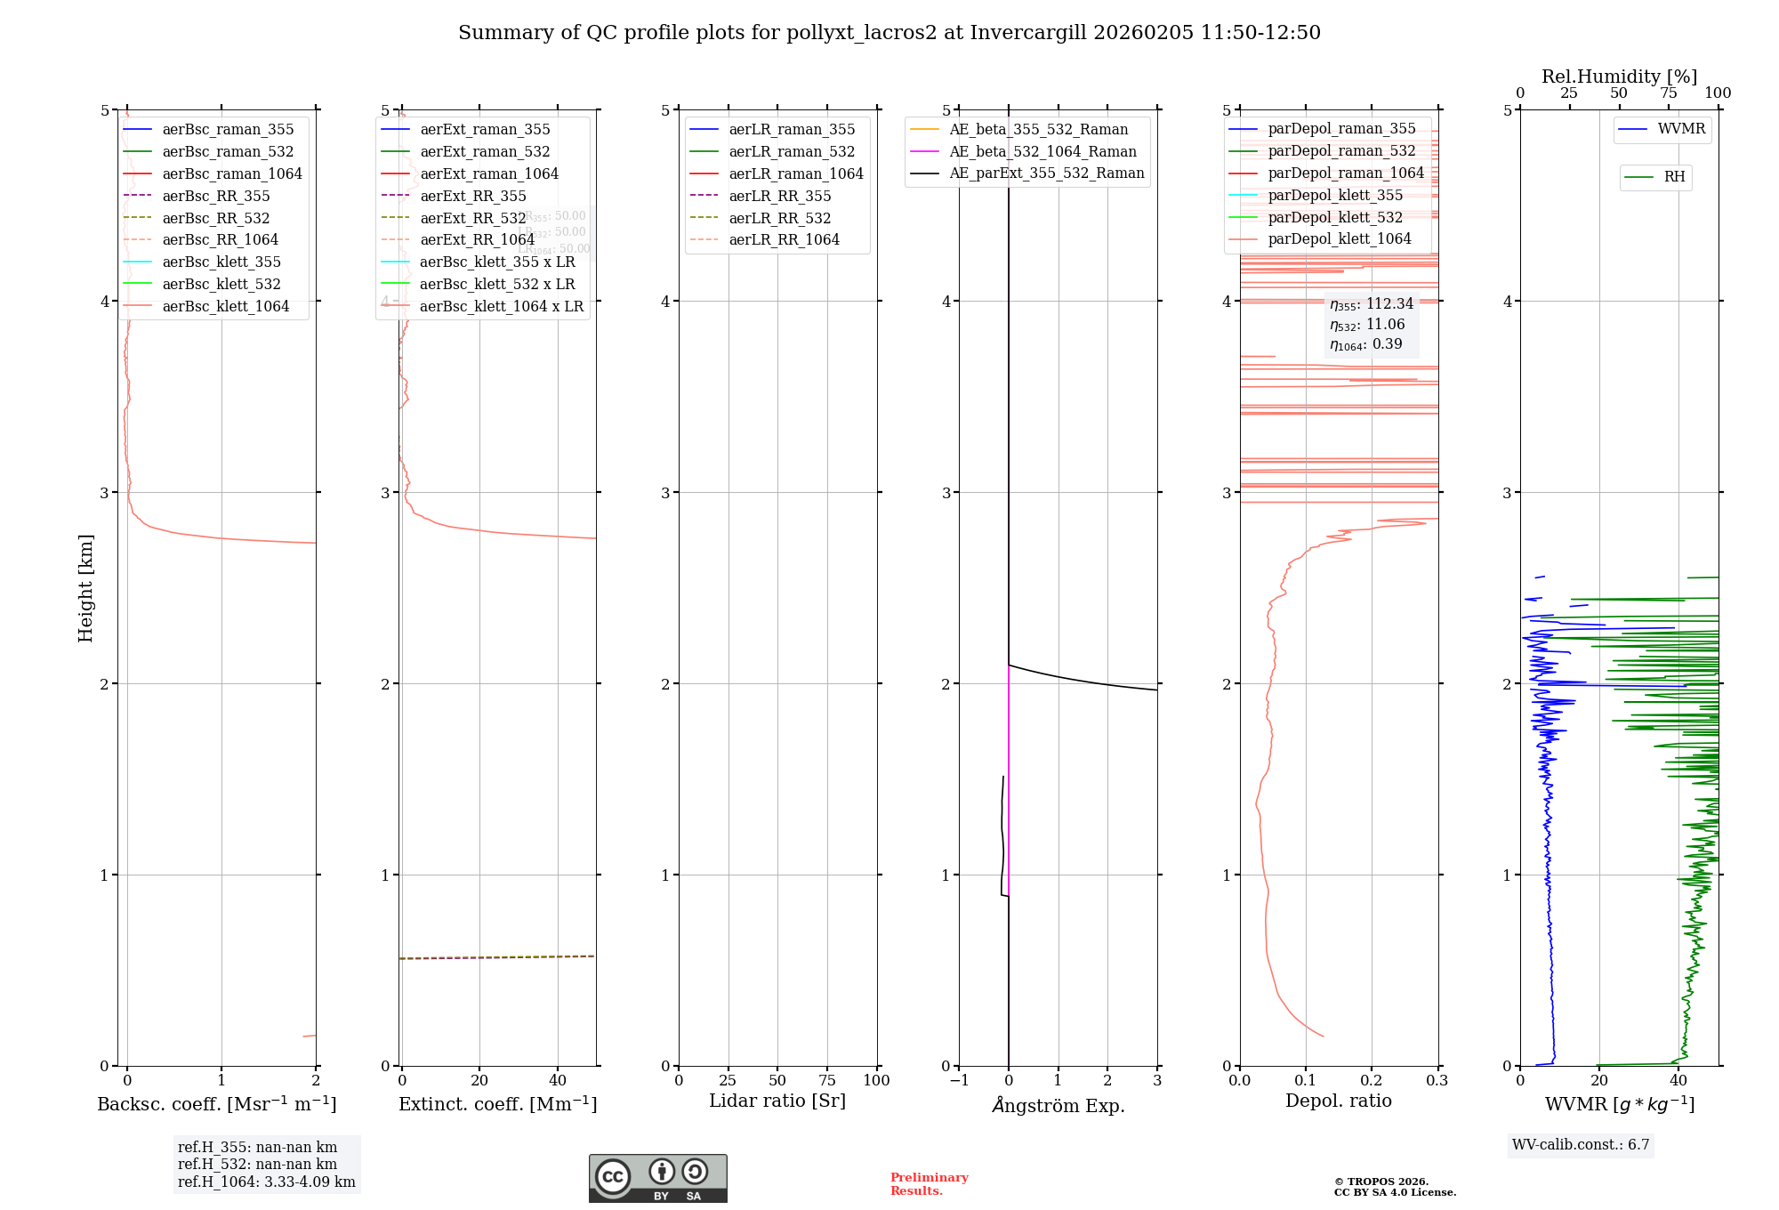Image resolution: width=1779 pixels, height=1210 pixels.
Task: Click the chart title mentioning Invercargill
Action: coord(889,33)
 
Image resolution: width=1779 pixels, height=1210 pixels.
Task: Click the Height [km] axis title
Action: coord(85,587)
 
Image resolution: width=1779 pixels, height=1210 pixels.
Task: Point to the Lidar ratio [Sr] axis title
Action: coord(777,1101)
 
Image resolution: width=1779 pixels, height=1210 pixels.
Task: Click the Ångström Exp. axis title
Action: coord(1058,1105)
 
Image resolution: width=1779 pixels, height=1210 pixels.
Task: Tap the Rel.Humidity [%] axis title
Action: coord(1619,77)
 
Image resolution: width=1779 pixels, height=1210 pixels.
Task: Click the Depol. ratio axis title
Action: coord(1338,1101)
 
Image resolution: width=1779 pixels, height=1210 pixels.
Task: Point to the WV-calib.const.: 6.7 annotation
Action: coord(1581,1144)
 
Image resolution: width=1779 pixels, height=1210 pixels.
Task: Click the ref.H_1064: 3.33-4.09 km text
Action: coord(266,1182)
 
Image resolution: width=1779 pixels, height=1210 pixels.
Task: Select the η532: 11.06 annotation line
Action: coord(1367,325)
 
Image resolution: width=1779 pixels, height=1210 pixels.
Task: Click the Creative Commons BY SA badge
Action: coord(657,1178)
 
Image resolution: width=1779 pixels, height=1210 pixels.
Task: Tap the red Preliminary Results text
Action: coord(929,1184)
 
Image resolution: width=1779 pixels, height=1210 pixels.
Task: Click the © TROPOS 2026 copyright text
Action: coord(1394,1187)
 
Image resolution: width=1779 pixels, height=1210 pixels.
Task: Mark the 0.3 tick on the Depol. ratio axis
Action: coord(1437,1080)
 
